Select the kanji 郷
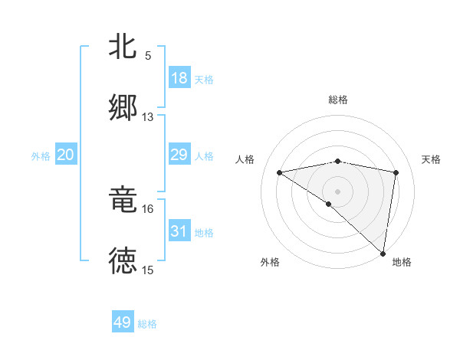[123, 106]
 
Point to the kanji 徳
[123, 260]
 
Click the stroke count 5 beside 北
[148, 56]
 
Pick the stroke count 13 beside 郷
[148, 117]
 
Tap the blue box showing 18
[179, 78]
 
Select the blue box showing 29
[179, 155]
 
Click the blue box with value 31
[179, 231]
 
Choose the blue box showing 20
[66, 155]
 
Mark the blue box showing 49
[123, 322]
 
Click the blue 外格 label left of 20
[41, 156]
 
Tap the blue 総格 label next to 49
[147, 324]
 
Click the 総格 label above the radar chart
[338, 100]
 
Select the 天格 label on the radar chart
[431, 159]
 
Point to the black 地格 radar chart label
[402, 262]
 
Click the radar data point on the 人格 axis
[280, 172]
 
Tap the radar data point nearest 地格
[383, 254]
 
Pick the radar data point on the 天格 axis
[396, 172]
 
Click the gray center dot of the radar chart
[338, 191]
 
